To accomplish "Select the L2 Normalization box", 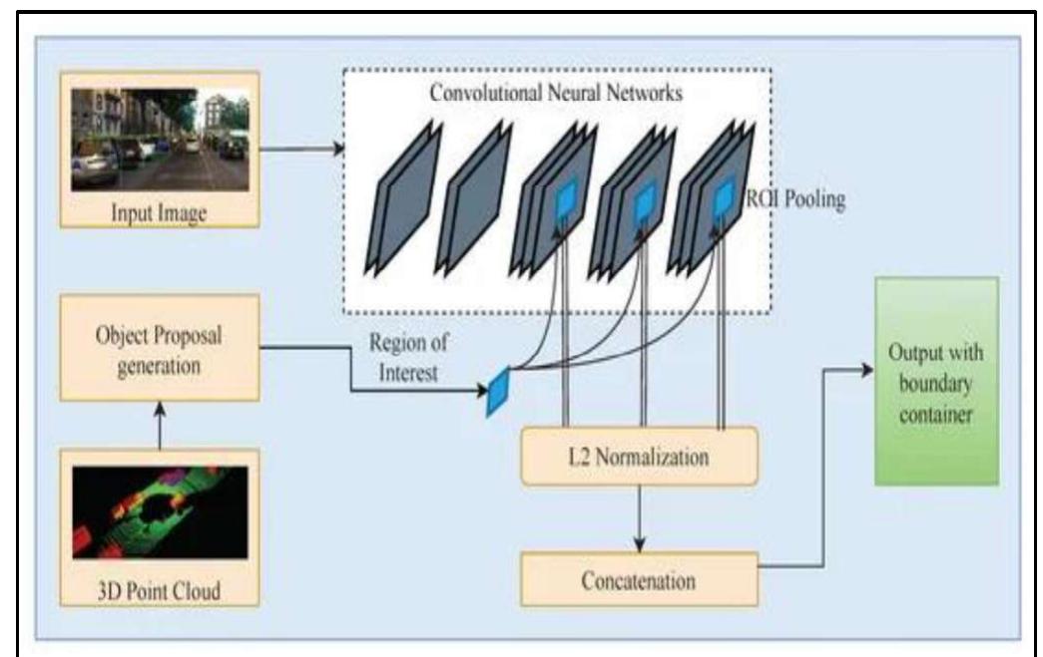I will tap(639, 459).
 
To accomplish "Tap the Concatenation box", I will tap(639, 579).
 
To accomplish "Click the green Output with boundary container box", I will tap(935, 382).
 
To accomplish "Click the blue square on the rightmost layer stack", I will tap(721, 199).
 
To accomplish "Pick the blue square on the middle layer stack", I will tap(642, 199).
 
